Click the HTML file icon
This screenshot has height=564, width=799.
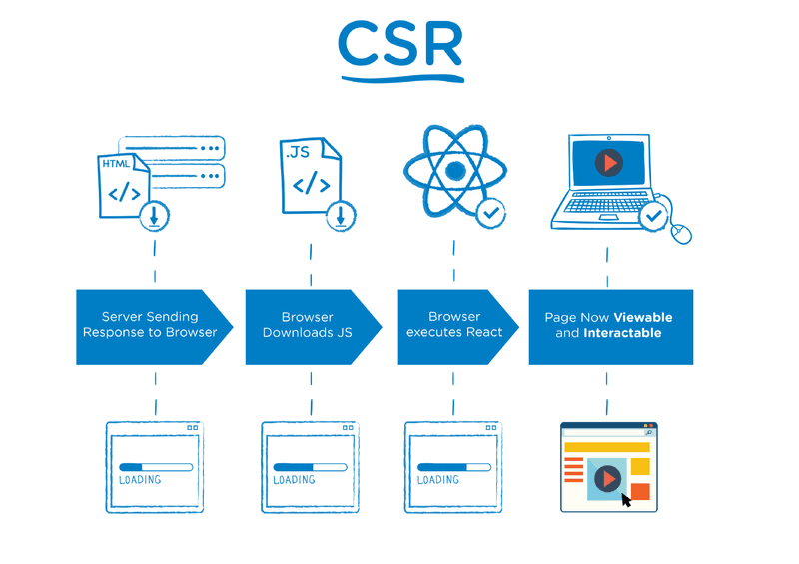(x=122, y=185)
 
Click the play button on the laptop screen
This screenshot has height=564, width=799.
(x=608, y=162)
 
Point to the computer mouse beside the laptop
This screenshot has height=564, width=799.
(x=681, y=233)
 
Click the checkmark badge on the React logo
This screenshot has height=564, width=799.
(x=489, y=213)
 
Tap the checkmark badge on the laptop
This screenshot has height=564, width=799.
(x=653, y=215)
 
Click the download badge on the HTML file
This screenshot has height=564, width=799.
(x=155, y=214)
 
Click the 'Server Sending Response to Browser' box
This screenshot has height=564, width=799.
(x=150, y=325)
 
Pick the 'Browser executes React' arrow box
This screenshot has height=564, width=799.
(x=454, y=325)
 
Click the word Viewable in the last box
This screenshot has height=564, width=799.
(x=642, y=317)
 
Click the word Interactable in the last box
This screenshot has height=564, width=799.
(x=622, y=333)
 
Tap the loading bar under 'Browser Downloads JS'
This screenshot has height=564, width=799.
(x=310, y=466)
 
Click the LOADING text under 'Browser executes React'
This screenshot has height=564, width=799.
(x=438, y=480)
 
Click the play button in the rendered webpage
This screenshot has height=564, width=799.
(x=606, y=478)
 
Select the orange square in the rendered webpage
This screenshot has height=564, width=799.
(x=639, y=491)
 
